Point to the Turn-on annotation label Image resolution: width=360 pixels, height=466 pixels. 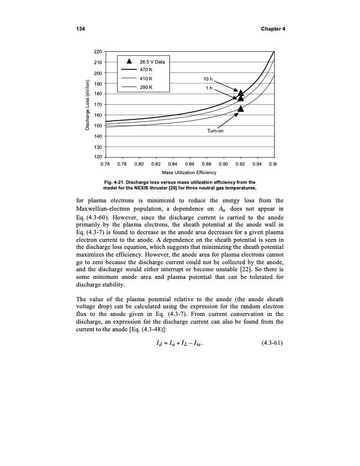(216, 131)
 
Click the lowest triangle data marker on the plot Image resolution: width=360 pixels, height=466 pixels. (241, 109)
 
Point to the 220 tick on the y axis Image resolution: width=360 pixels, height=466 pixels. (98, 52)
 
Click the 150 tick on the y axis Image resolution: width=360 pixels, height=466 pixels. (98, 126)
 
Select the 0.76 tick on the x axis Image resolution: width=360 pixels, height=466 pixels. (106, 164)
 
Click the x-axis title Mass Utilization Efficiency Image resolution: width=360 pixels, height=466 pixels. (190, 172)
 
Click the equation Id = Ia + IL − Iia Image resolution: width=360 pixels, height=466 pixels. (188, 360)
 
